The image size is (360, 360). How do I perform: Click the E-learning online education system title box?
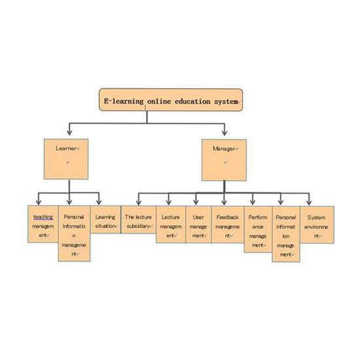171,100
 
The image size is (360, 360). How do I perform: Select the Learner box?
66,159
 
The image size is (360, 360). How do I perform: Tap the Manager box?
224,160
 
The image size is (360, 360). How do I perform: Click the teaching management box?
43,224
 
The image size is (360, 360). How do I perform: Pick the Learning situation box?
105,219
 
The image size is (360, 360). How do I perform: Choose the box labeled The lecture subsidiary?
139,220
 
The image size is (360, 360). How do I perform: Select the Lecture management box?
171,225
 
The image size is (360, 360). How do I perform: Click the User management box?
198,225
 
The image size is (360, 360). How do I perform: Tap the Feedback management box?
228,225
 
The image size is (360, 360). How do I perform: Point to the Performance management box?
258,229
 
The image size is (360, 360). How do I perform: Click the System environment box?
317,225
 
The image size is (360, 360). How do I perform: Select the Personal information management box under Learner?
74,233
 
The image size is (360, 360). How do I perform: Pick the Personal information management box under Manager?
286,234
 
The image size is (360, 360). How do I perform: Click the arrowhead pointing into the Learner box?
69,133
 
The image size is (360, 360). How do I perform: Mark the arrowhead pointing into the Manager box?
225,133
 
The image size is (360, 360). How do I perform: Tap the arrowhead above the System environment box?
309,202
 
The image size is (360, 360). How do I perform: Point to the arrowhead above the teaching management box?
39,202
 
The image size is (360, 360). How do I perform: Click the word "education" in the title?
192,101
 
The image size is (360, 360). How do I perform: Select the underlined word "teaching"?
43,217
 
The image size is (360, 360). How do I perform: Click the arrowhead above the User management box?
196,202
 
